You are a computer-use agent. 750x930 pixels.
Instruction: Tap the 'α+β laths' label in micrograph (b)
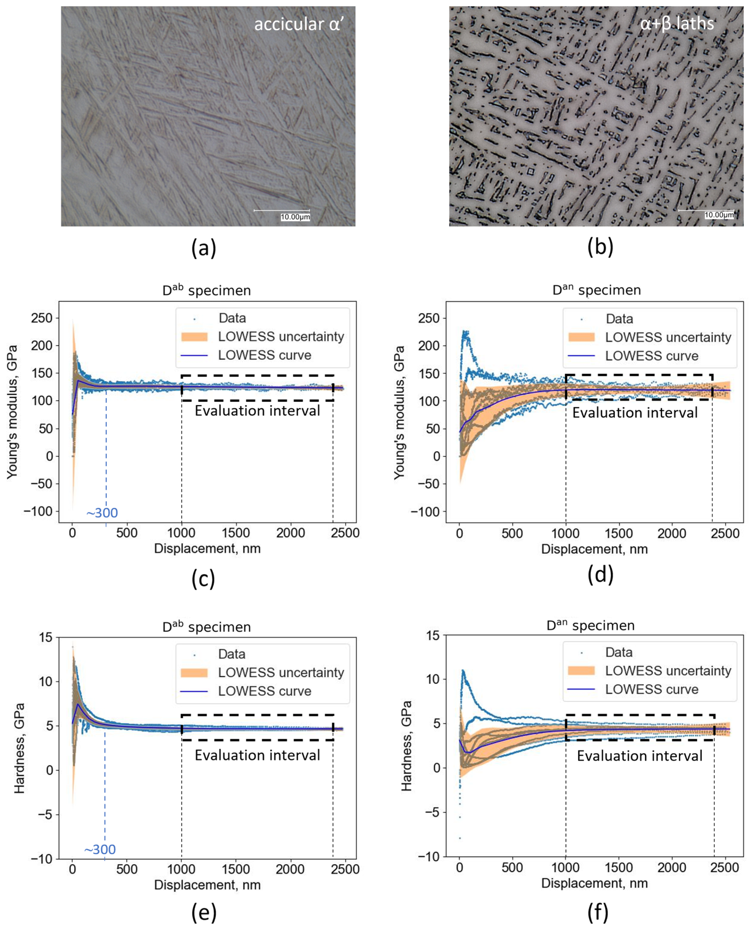(x=677, y=23)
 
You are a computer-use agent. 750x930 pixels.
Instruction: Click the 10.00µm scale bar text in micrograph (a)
(x=295, y=217)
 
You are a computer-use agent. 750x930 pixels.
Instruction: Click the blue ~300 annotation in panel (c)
(x=102, y=513)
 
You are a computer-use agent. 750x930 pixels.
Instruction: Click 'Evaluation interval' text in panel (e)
(x=257, y=755)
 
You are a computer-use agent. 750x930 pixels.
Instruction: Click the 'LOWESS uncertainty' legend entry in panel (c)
(x=281, y=337)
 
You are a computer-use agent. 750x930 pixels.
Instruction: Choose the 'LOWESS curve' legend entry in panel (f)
(x=651, y=689)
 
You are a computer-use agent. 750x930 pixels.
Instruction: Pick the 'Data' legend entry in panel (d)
(x=619, y=319)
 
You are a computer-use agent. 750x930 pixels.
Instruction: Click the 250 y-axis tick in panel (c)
(x=42, y=318)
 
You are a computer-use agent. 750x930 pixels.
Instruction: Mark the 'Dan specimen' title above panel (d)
(x=596, y=290)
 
